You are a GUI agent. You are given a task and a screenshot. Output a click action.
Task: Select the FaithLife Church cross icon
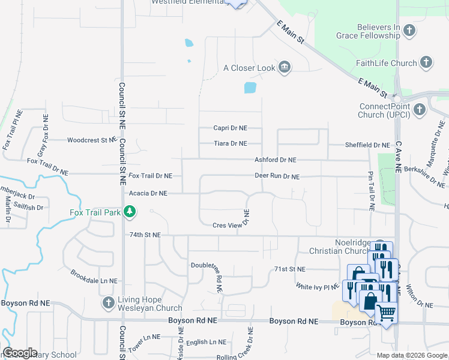coord(426,62)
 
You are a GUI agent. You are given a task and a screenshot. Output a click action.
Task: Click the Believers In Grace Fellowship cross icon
coord(409,30)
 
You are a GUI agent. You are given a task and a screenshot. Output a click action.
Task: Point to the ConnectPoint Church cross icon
coord(419,109)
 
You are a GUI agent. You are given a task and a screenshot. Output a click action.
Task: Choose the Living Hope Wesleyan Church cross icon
coord(108,302)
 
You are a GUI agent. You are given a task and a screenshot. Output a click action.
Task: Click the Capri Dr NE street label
coord(231,128)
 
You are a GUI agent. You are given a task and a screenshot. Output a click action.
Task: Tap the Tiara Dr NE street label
coord(231,144)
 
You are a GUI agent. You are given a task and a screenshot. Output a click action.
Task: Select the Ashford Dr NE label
coord(276,160)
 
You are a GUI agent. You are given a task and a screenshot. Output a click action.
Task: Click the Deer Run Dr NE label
coord(277,177)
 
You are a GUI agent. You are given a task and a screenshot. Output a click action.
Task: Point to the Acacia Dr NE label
coord(148,193)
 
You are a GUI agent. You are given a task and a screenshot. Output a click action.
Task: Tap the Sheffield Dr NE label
coord(367,145)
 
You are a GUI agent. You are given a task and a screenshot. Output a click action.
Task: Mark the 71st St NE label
coord(289,269)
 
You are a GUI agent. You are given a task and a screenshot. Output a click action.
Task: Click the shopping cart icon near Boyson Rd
coord(386,312)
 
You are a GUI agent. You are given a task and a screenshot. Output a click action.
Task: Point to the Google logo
coord(20,353)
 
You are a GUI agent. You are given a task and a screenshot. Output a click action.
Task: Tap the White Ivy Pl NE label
coord(318,287)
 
